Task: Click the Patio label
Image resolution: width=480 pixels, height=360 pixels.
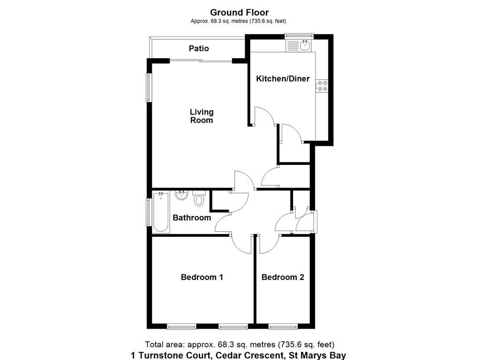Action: coord(199,48)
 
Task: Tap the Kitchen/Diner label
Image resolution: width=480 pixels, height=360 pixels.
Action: coord(283,79)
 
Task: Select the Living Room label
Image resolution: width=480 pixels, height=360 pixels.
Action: coord(202,116)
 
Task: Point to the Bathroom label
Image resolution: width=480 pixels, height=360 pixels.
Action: coord(192,217)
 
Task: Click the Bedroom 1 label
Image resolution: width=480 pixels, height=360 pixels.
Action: coord(202,277)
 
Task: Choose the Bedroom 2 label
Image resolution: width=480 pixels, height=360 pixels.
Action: coord(283,277)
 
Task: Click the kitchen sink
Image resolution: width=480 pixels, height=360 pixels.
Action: coord(304,45)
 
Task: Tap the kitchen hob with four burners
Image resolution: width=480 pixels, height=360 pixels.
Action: coord(322,85)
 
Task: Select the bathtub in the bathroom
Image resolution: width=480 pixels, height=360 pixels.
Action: coord(161,212)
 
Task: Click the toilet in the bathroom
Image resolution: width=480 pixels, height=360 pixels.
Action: coord(199,199)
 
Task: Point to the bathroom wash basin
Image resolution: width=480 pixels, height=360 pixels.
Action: coord(181,195)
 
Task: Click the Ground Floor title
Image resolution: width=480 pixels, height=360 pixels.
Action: coord(240,12)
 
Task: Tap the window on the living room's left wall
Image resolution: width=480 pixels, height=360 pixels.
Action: coord(149,88)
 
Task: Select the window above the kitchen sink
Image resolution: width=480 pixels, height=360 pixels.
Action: coord(299,36)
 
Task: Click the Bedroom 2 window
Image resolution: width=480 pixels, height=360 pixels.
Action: coord(283,327)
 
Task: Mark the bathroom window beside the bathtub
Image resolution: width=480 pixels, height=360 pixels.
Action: coord(149,212)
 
